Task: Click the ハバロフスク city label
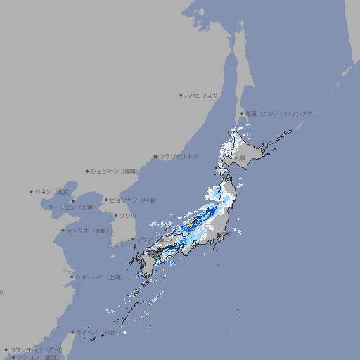coord(202,95)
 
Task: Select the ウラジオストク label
coord(179,156)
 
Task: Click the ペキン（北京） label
coord(53,191)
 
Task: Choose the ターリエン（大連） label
coord(70,208)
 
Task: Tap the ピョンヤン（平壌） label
coord(133,200)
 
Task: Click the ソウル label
coord(127,215)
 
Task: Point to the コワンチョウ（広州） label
coord(36,349)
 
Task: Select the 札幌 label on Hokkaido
coord(241,158)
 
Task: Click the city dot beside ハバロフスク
coord(181,95)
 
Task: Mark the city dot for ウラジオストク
coord(155,156)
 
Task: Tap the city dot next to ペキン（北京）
coord(32,191)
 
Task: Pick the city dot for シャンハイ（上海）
coord(72,277)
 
